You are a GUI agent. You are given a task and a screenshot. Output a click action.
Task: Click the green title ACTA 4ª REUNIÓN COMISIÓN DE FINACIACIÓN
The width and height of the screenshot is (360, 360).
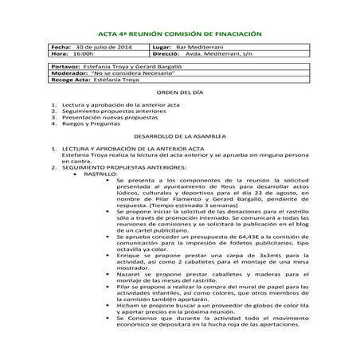coord(179,34)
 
